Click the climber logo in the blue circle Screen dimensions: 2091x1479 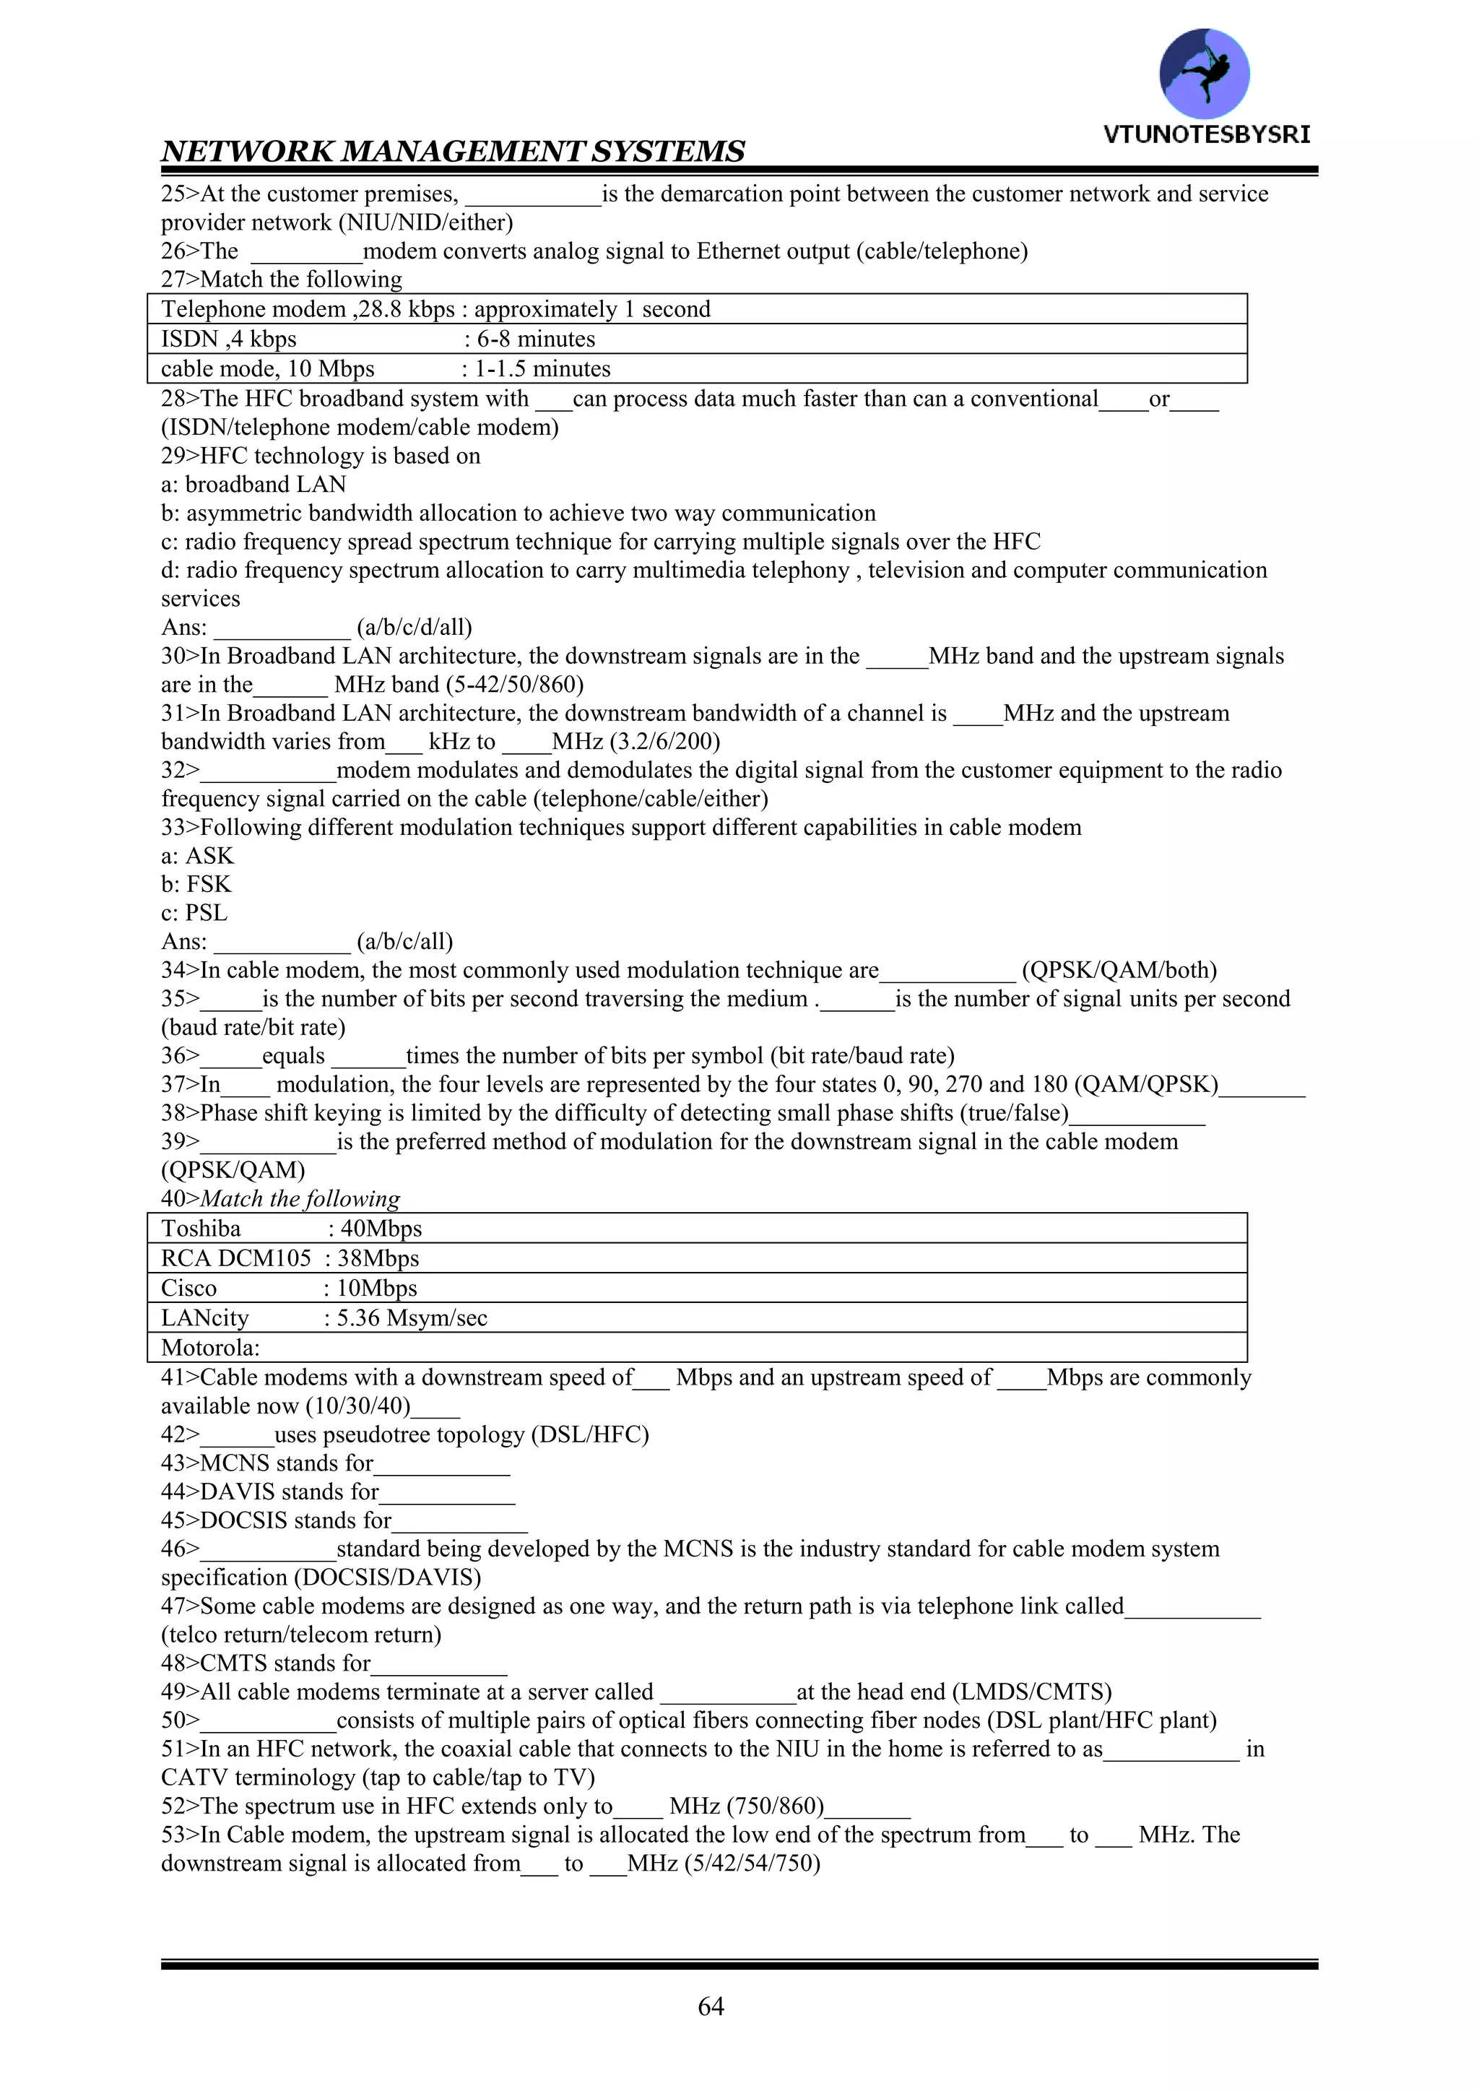coord(1204,73)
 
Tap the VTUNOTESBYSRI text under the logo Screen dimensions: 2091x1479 coord(1207,135)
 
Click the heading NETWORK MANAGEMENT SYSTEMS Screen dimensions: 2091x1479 coord(453,151)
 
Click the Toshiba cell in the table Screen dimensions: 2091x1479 coord(201,1229)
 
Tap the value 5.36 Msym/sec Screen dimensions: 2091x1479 coord(412,1318)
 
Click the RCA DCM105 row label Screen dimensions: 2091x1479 coord(236,1259)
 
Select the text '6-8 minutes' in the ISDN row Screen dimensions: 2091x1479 coord(536,339)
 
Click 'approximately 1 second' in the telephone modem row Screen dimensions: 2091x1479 coord(592,310)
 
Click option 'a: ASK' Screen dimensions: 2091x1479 coord(198,856)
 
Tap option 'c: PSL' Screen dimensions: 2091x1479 coord(194,912)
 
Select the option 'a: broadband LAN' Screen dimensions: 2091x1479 coord(253,485)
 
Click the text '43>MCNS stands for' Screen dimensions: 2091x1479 coord(266,1463)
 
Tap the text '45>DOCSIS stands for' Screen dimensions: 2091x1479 coord(276,1520)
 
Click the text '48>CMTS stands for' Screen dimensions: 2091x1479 coord(266,1663)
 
